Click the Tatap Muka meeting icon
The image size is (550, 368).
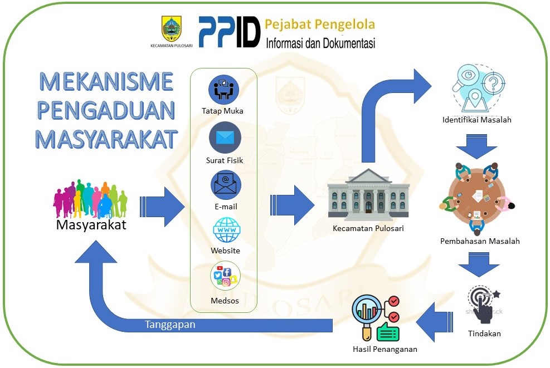224,90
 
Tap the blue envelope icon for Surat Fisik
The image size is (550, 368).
225,138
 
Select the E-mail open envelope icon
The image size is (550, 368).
226,185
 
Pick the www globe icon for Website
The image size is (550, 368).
227,230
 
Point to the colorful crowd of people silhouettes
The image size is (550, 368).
90,199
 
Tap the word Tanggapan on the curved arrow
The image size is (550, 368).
170,325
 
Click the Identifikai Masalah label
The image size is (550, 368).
476,120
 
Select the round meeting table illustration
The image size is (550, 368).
477,198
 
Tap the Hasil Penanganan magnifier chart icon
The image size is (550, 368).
376,318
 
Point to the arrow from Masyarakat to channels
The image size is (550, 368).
162,207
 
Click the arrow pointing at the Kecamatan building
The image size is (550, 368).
292,205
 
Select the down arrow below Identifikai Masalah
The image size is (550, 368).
476,146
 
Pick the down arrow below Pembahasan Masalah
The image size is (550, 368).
479,265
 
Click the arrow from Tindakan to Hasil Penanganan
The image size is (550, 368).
434,322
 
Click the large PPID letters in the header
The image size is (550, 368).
230,32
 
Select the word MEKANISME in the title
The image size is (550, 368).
106,82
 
